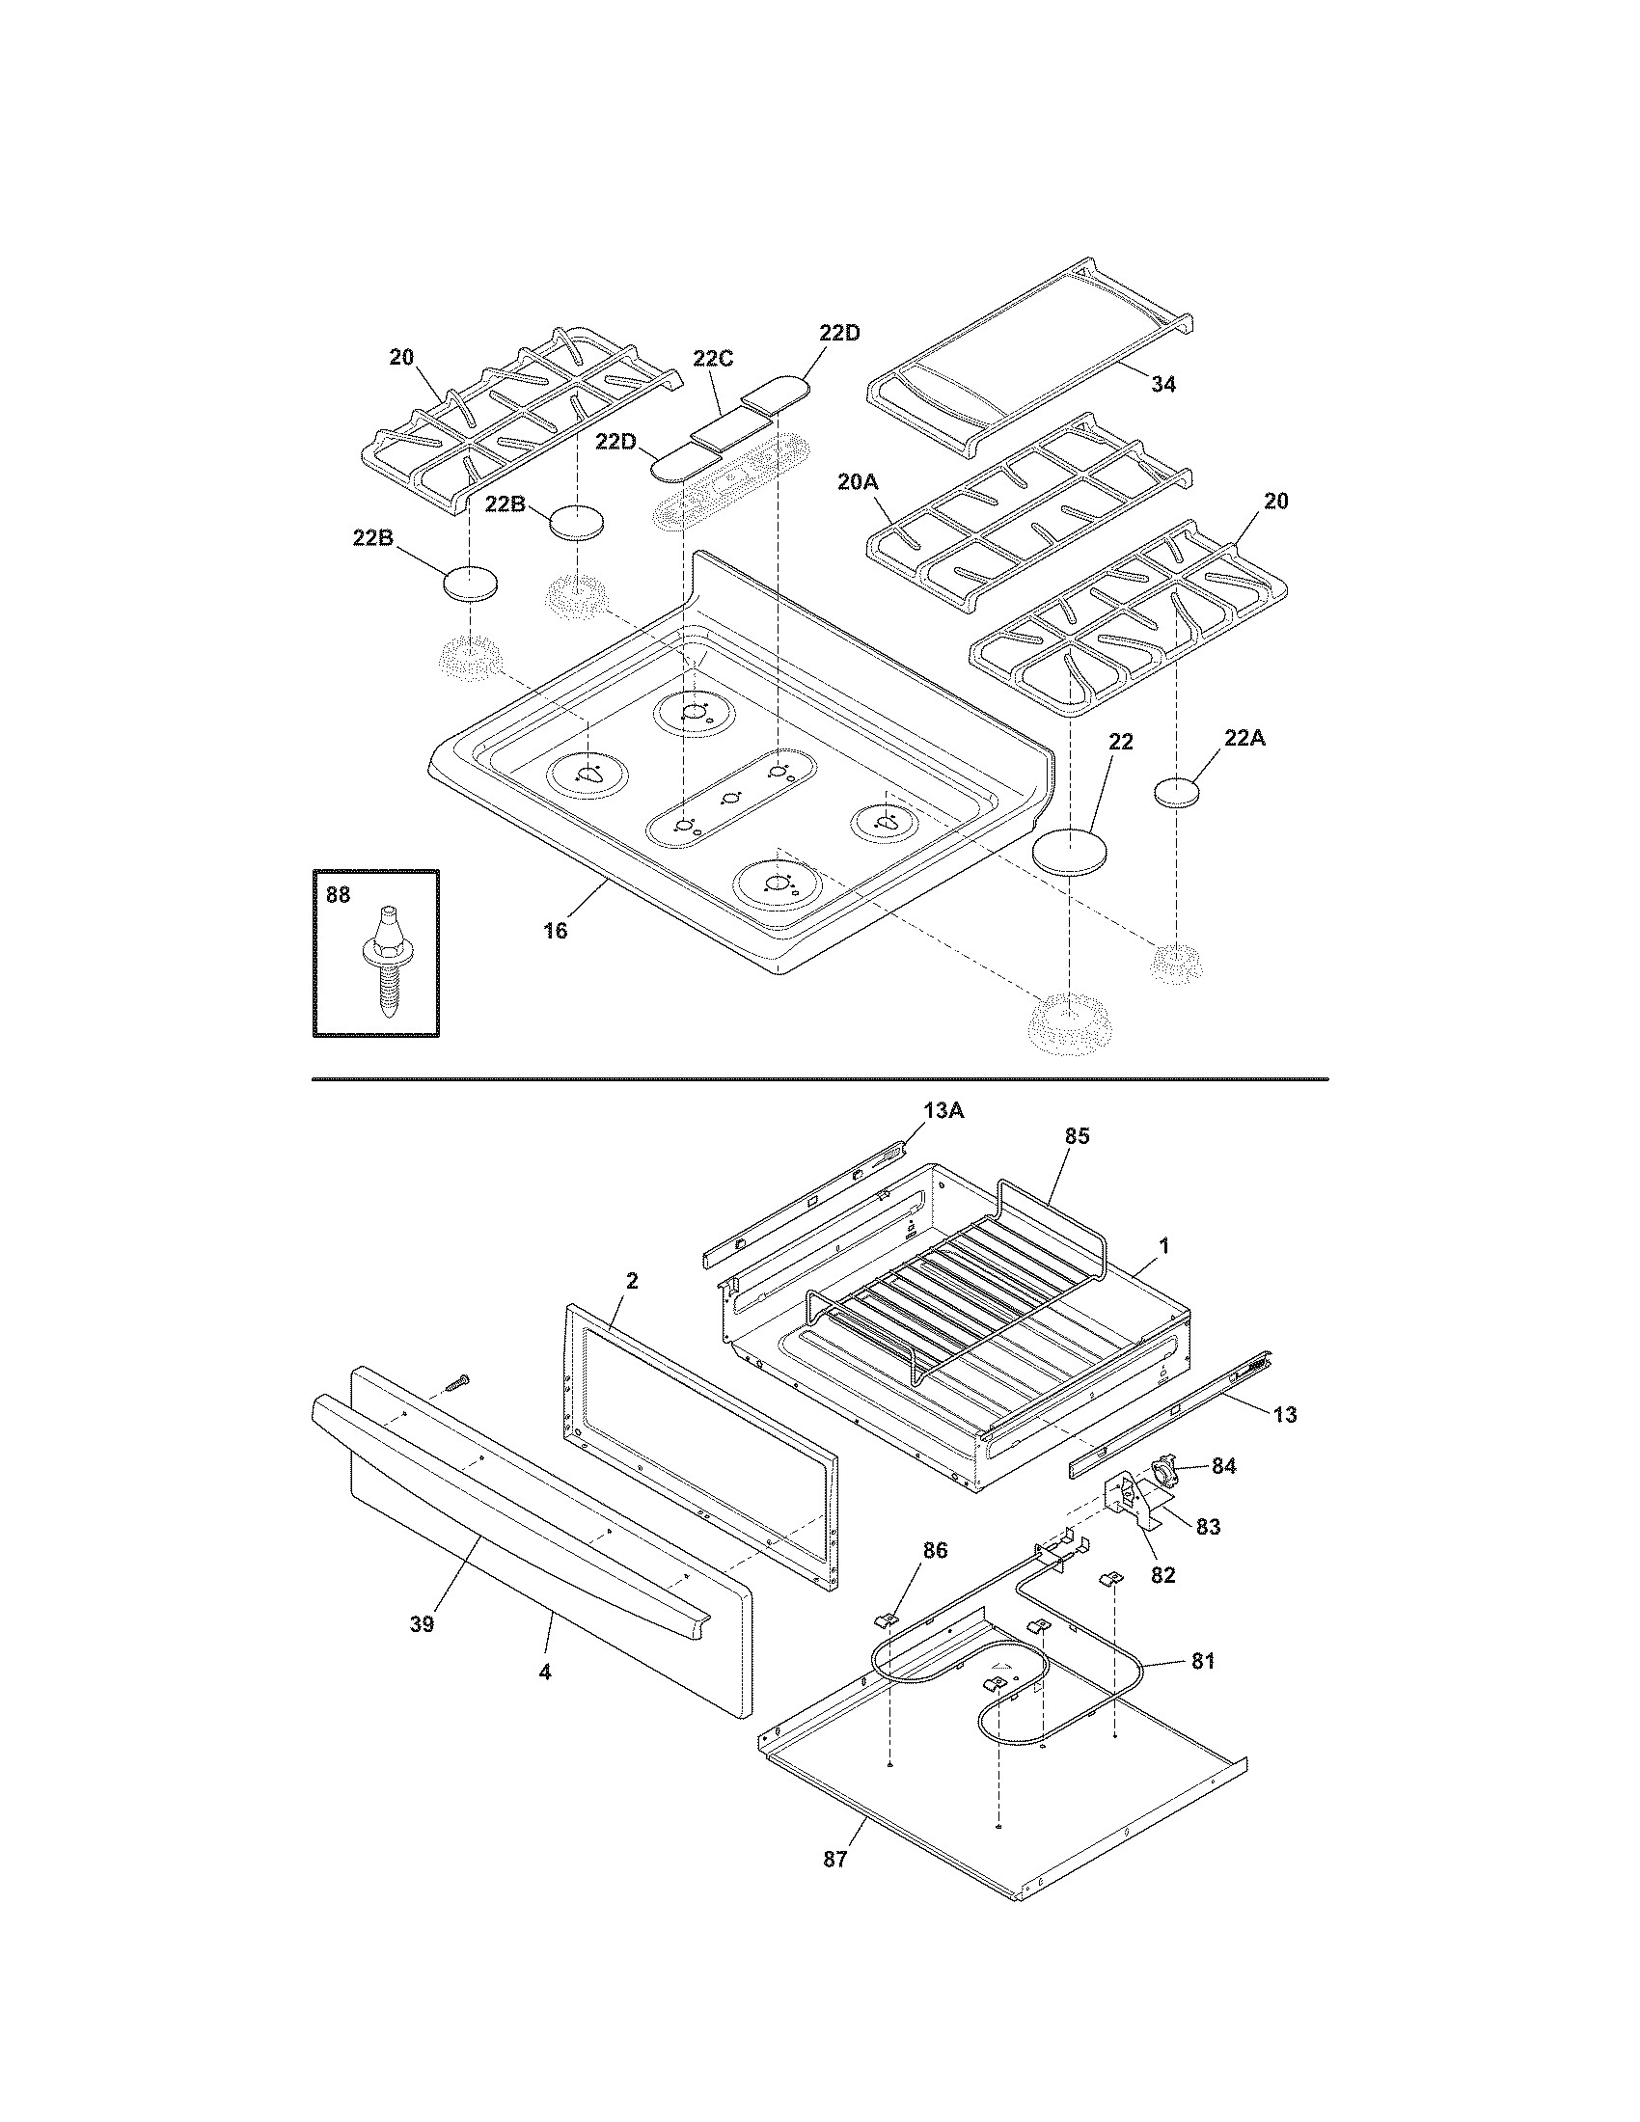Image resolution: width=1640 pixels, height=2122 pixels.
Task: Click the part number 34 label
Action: pos(1163,385)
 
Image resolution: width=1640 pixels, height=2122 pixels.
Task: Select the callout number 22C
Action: pos(713,359)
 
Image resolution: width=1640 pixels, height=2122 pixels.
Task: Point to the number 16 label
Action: pos(555,930)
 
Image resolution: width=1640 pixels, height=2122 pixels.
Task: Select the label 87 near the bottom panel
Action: pos(834,1860)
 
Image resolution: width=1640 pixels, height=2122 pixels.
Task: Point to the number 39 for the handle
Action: pos(421,1623)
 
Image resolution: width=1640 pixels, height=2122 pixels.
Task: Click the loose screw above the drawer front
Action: pos(456,1380)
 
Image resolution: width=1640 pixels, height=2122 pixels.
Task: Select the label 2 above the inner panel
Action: pos(632,1281)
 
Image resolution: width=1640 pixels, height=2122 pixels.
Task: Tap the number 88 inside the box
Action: pos(337,895)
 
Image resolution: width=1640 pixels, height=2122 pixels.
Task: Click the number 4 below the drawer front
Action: pos(545,1673)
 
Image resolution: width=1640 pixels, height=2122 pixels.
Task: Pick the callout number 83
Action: pos(1207,1527)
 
